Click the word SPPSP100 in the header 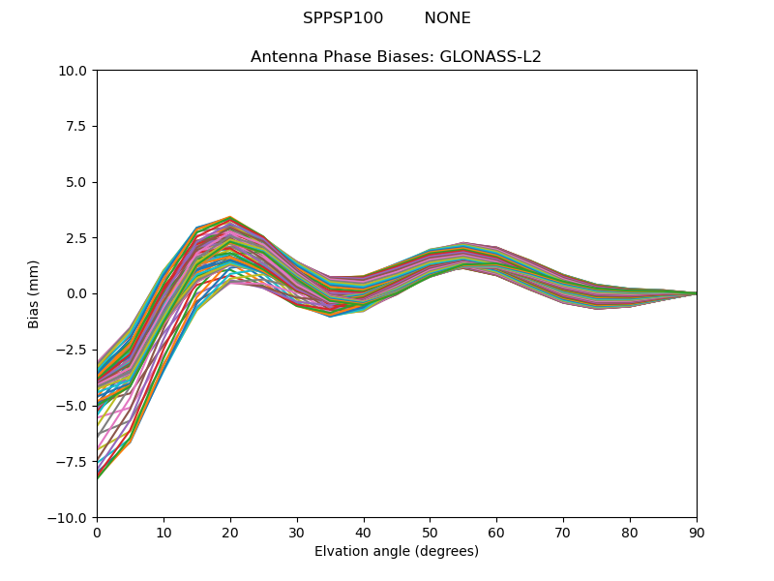point(342,18)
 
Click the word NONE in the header point(447,18)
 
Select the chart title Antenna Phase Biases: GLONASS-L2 point(396,57)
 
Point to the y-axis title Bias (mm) point(34,293)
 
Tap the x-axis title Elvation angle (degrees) point(397,551)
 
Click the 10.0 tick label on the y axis point(75,71)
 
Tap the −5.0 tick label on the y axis point(75,406)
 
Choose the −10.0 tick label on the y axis point(72,517)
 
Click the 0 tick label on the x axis point(97,532)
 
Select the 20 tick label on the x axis point(230,532)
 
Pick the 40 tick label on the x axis point(364,532)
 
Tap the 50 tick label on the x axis point(430,532)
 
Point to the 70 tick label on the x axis point(563,532)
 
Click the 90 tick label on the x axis point(697,532)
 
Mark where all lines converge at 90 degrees point(696,293)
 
